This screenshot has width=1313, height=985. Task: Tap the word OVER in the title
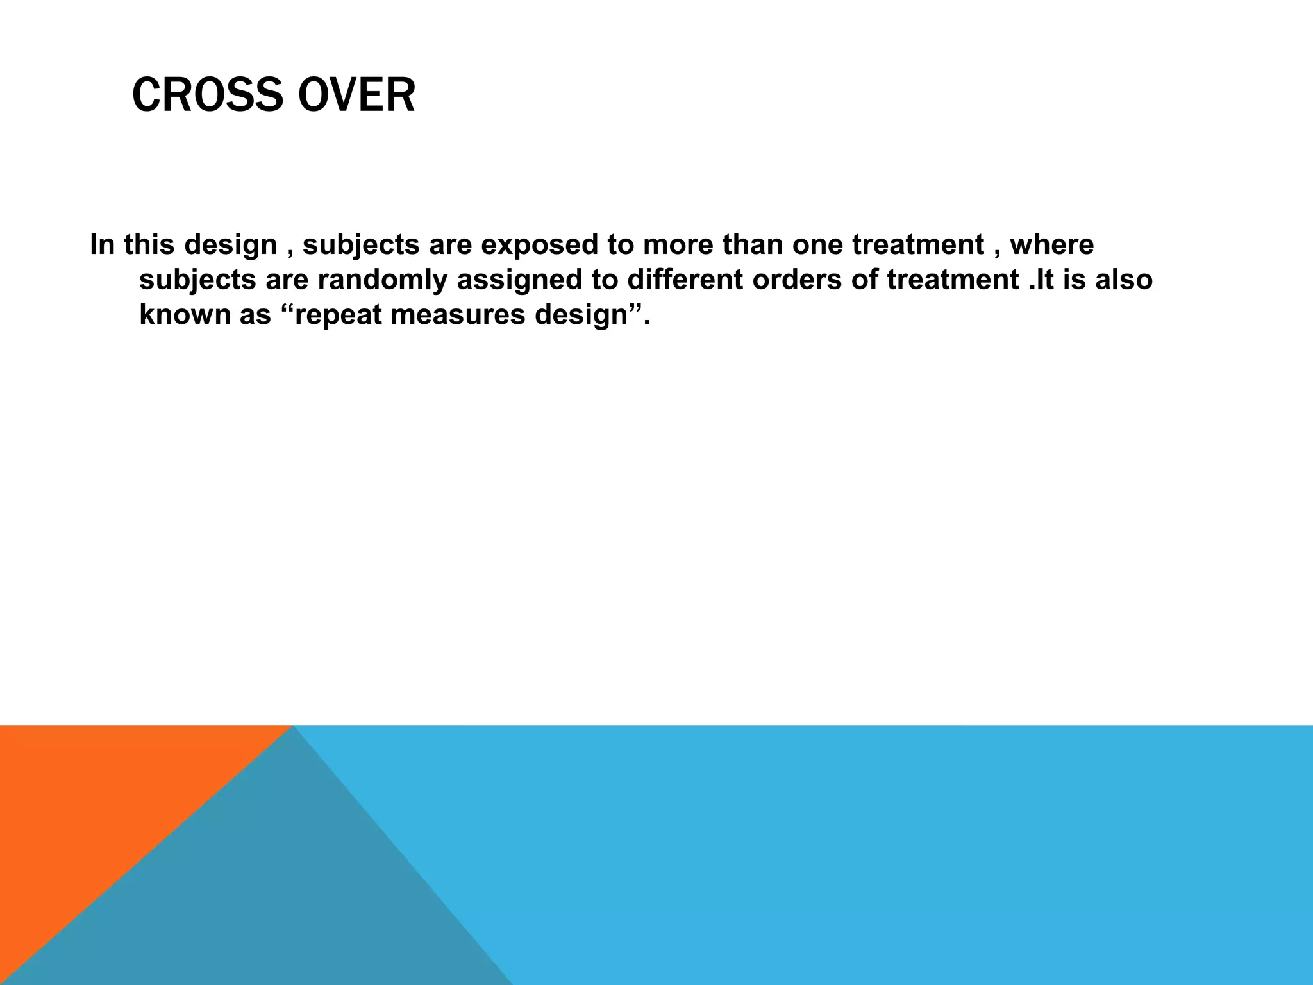pos(356,96)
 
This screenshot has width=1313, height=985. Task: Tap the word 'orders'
pos(797,280)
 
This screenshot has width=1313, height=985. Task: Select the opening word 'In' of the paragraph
pos(102,245)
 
